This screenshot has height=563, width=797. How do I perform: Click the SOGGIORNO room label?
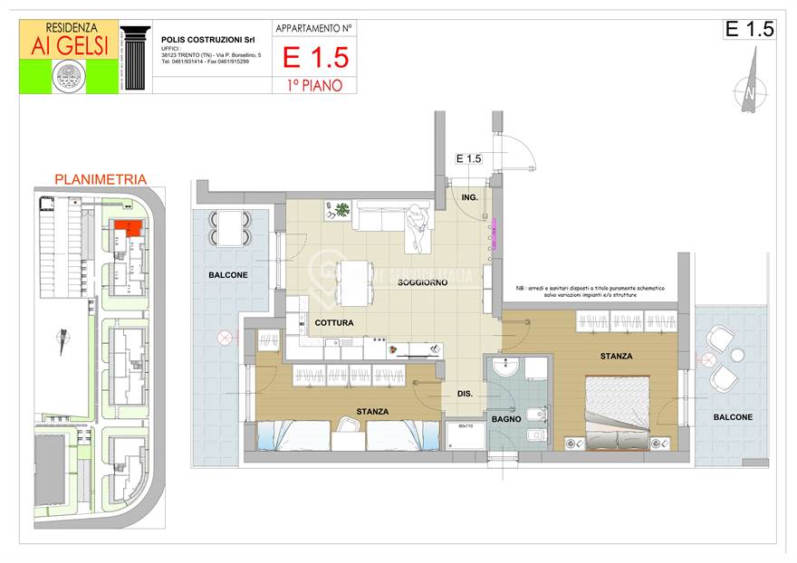pyautogui.click(x=422, y=282)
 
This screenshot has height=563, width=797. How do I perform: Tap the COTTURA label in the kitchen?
pyautogui.click(x=334, y=322)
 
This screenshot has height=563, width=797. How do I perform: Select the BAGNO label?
pyautogui.click(x=506, y=419)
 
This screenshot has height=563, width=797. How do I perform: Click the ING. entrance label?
pyautogui.click(x=469, y=196)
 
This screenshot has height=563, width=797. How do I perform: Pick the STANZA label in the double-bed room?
pyautogui.click(x=616, y=357)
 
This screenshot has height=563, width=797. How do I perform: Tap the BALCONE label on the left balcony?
pyautogui.click(x=226, y=274)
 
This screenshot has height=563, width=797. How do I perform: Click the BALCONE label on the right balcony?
pyautogui.click(x=732, y=417)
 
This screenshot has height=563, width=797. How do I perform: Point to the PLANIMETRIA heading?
pyautogui.click(x=101, y=179)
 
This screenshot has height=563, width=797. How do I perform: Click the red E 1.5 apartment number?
pyautogui.click(x=314, y=58)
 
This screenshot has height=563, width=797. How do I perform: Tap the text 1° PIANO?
pyautogui.click(x=314, y=85)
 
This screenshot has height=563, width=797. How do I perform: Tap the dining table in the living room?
pyautogui.click(x=355, y=282)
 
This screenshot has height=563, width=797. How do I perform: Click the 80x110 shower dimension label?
pyautogui.click(x=466, y=426)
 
